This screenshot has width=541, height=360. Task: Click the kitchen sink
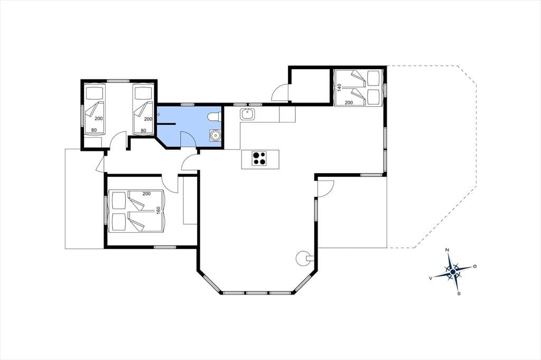pos(247,114)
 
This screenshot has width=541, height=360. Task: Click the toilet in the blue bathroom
pos(214,117)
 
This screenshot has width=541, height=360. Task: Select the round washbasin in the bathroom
pos(216,135)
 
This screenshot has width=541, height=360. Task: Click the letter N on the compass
pos(447,250)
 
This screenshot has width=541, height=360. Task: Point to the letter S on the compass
pos(459,294)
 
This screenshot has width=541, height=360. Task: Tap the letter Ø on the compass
pos(475,266)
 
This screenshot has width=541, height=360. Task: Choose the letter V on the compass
pos(431,278)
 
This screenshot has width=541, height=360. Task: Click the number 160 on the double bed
pos(158,210)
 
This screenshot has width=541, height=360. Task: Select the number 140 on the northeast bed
pos(339,87)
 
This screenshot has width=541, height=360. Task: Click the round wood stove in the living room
pos(303,258)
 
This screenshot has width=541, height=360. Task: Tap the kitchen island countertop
pos(260,159)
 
